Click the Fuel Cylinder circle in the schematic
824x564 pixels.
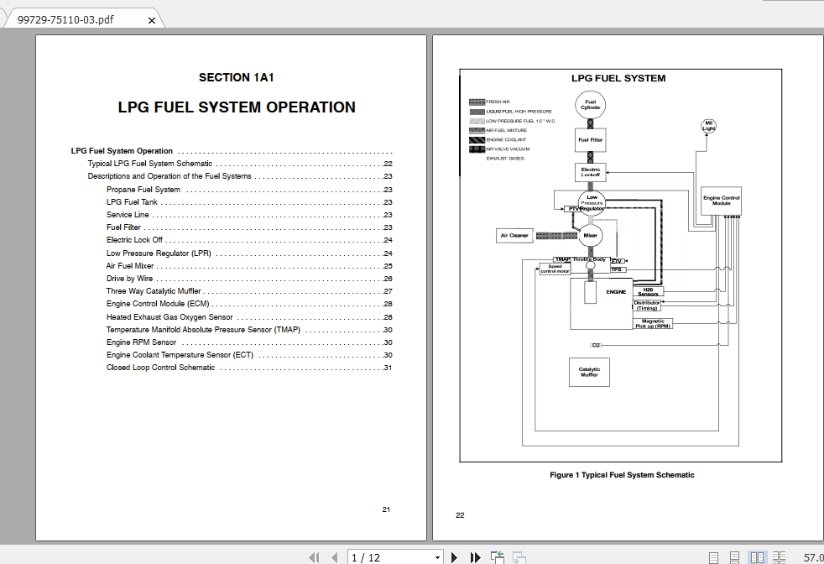tap(591, 105)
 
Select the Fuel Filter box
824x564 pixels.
tap(591, 140)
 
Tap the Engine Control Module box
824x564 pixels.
tap(722, 201)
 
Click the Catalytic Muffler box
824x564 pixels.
tap(590, 372)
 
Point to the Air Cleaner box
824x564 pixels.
tap(514, 236)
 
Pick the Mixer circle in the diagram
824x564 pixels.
tap(591, 236)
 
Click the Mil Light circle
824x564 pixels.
tap(709, 127)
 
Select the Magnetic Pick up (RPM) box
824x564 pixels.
tap(652, 322)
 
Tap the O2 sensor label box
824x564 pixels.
tap(597, 345)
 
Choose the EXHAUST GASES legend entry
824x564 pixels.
tap(505, 158)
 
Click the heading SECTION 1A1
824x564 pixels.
tap(237, 78)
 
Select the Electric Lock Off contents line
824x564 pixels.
tap(134, 240)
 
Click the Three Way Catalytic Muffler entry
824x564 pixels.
tap(154, 291)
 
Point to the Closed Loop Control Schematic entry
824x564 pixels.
tap(160, 368)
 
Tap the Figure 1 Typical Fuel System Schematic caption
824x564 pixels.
tap(622, 475)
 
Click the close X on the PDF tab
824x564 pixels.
tap(151, 20)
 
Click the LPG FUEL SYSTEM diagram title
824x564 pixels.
tap(618, 78)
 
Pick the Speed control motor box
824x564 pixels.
tap(555, 269)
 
